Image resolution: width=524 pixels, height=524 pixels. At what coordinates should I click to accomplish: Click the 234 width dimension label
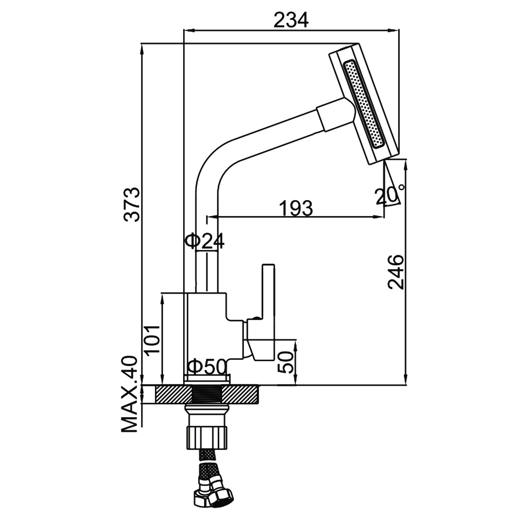pyautogui.click(x=291, y=20)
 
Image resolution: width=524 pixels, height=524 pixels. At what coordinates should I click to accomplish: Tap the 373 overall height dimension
pyautogui.click(x=134, y=204)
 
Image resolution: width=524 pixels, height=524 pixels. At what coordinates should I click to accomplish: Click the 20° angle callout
pyautogui.click(x=390, y=196)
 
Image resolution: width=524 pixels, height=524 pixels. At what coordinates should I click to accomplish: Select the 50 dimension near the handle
pyautogui.click(x=285, y=362)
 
